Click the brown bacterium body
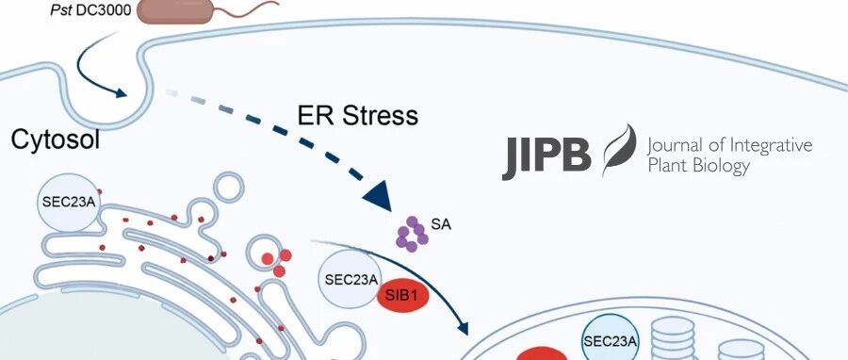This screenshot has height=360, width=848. pyautogui.click(x=175, y=11)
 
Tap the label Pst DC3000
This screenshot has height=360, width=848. pyautogui.click(x=90, y=10)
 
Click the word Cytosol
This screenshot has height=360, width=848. pyautogui.click(x=56, y=140)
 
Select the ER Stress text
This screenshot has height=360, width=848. pyautogui.click(x=358, y=115)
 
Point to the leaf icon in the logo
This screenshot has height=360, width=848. pyautogui.click(x=620, y=151)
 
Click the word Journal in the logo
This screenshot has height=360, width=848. pyautogui.click(x=677, y=146)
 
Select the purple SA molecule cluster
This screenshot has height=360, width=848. pyautogui.click(x=412, y=234)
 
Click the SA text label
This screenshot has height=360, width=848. pyautogui.click(x=441, y=223)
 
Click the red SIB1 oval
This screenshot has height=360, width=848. pyautogui.click(x=402, y=297)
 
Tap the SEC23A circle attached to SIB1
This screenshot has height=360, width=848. pyautogui.click(x=350, y=280)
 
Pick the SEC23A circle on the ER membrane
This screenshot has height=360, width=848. pyautogui.click(x=69, y=204)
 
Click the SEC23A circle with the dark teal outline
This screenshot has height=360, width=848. pyautogui.click(x=610, y=341)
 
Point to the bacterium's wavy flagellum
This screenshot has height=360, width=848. pyautogui.click(x=247, y=7)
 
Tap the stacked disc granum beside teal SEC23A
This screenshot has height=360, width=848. pyautogui.click(x=674, y=338)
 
